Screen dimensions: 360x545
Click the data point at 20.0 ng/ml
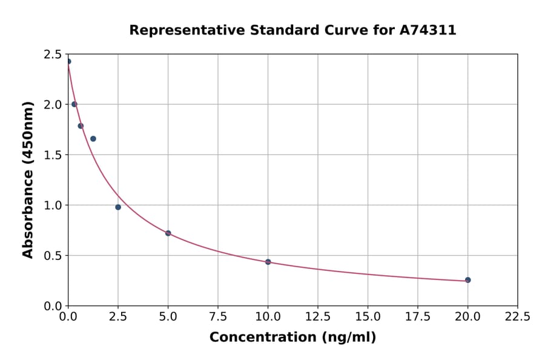(x=467, y=280)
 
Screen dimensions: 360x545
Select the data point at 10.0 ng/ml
(x=268, y=262)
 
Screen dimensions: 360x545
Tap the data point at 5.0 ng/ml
(x=168, y=233)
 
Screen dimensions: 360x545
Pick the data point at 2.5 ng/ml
(x=118, y=207)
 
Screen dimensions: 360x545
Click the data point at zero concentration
(x=68, y=61)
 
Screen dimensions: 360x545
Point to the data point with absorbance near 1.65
(x=93, y=139)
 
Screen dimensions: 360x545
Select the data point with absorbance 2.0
(x=74, y=104)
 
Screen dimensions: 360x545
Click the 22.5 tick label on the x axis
(x=517, y=316)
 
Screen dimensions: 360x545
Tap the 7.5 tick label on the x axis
(x=218, y=316)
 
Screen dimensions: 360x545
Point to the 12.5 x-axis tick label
(x=318, y=316)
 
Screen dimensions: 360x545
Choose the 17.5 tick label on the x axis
(x=418, y=316)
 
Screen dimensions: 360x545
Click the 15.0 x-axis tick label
(x=368, y=316)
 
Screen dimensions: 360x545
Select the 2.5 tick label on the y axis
(x=52, y=55)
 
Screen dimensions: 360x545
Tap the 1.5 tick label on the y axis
(x=52, y=155)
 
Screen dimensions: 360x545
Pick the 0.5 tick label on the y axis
(x=52, y=256)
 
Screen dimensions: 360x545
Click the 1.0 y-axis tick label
(x=52, y=205)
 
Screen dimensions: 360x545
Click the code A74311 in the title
(x=428, y=30)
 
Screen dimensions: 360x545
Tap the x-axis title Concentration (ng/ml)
(x=292, y=338)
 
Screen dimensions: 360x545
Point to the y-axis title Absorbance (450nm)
(x=28, y=180)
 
